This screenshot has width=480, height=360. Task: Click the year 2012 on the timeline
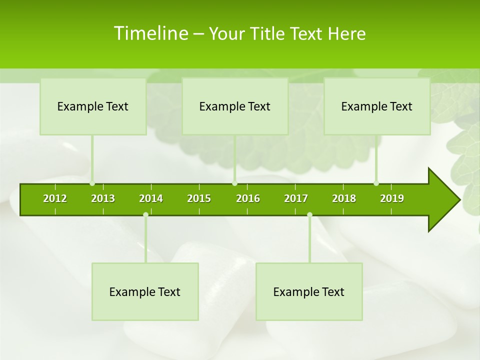(55, 198)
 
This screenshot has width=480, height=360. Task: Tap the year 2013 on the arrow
(103, 198)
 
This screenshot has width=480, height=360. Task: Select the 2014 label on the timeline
(151, 198)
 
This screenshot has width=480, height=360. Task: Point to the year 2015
(199, 198)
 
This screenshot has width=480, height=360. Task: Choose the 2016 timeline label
(248, 198)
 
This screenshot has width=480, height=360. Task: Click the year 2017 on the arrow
(296, 198)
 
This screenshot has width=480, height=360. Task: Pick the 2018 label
(344, 198)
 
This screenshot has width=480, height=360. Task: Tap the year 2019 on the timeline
(392, 198)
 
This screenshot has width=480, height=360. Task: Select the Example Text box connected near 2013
(93, 106)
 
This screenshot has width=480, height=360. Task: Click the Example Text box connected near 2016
(235, 106)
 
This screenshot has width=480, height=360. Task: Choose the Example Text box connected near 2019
(377, 106)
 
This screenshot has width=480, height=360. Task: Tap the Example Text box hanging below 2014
(145, 292)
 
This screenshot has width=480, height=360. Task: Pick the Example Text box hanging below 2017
(309, 292)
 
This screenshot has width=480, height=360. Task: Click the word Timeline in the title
(150, 33)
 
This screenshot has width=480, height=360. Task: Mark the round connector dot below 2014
(145, 215)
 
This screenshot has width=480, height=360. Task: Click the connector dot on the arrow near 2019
(376, 183)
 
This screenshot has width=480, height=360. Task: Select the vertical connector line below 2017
(309, 239)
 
